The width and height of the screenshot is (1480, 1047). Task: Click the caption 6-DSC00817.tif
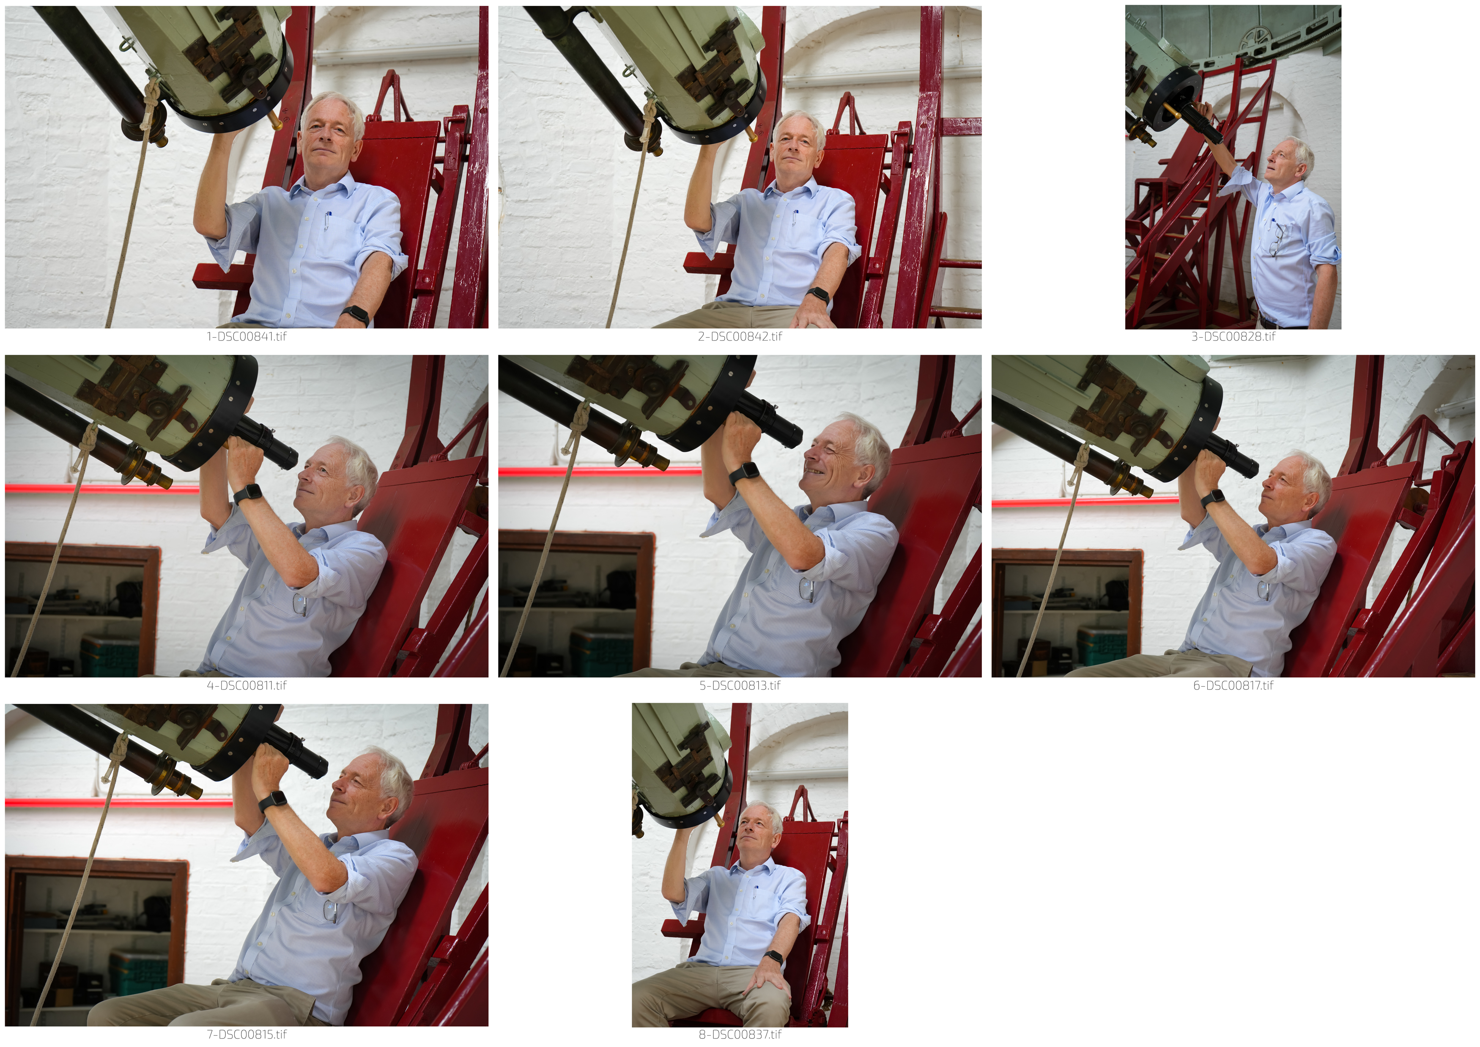pyautogui.click(x=1233, y=685)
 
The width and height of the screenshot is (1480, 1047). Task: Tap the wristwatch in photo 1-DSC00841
pyautogui.click(x=355, y=315)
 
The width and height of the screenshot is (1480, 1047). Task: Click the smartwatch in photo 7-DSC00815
pyautogui.click(x=273, y=801)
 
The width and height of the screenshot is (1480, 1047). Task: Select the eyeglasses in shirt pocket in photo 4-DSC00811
pyautogui.click(x=300, y=604)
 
